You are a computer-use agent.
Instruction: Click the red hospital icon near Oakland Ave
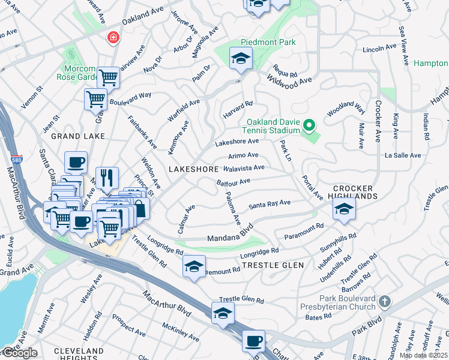pyautogui.click(x=112, y=38)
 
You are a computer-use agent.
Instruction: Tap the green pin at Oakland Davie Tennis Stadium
pyautogui.click(x=309, y=125)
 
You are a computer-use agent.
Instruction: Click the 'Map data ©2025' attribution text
pyautogui.click(x=423, y=355)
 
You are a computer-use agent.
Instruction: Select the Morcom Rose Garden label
pyautogui.click(x=82, y=72)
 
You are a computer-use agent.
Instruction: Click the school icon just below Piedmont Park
pyautogui.click(x=241, y=58)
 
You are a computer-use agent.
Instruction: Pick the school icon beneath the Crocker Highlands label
pyautogui.click(x=344, y=209)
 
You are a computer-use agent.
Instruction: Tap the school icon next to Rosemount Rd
pyautogui.click(x=194, y=266)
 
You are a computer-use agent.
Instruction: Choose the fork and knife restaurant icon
pyautogui.click(x=107, y=178)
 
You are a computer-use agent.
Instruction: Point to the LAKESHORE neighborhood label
pyautogui.click(x=193, y=169)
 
